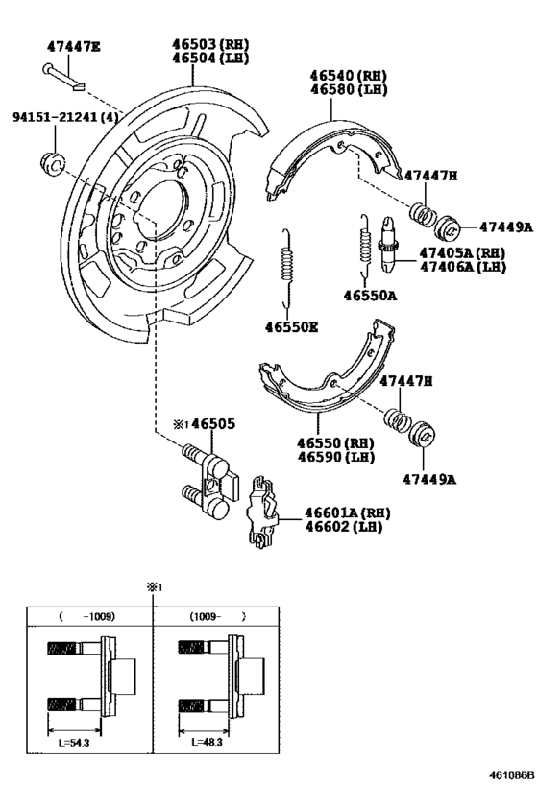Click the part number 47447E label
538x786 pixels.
(74, 46)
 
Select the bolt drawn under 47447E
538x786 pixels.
(63, 76)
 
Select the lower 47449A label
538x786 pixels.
(428, 479)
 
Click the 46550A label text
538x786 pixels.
(370, 296)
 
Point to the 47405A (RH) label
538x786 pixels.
(462, 252)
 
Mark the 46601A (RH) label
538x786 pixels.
(349, 513)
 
